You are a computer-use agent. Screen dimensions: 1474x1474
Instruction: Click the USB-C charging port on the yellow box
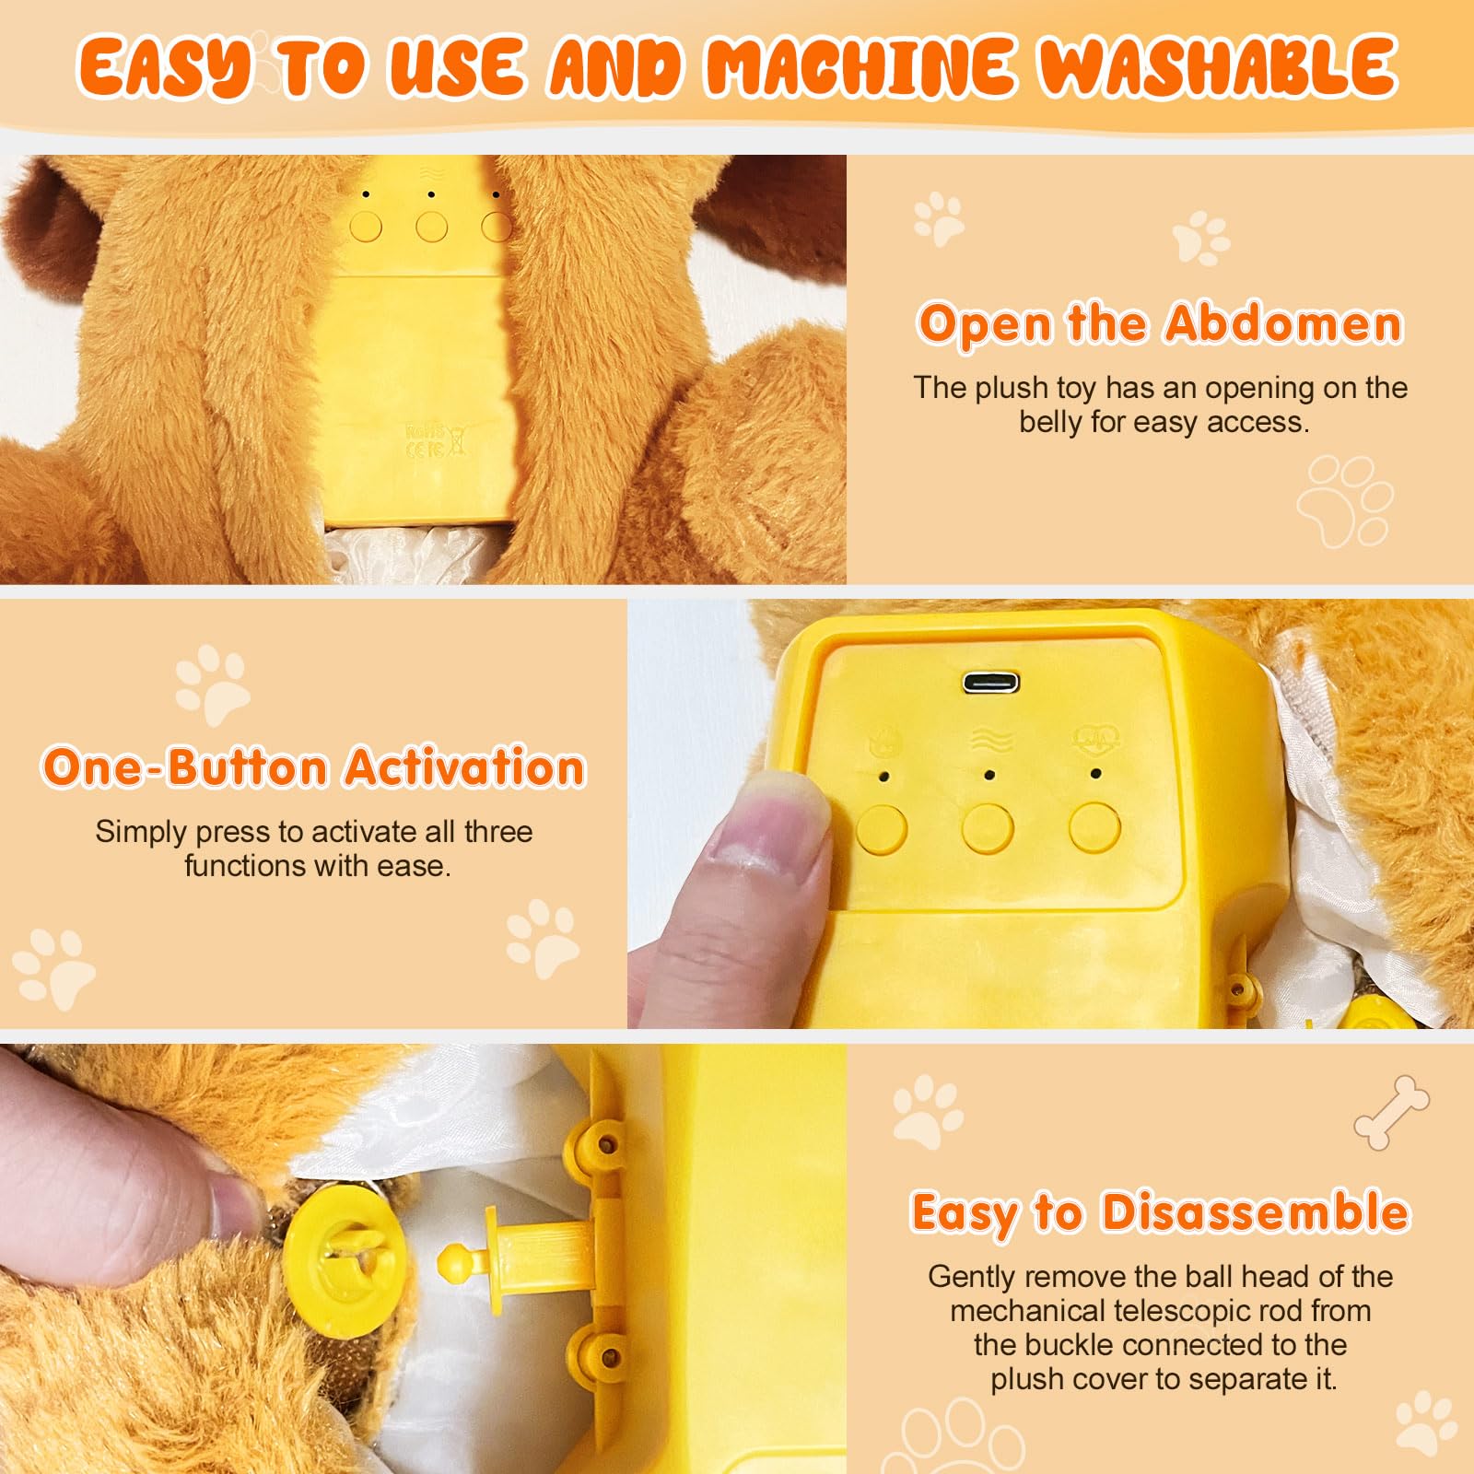[x=990, y=683]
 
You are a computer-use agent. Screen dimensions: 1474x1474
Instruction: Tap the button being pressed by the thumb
[x=881, y=828]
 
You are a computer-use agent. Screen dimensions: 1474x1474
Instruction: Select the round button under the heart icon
[x=1094, y=826]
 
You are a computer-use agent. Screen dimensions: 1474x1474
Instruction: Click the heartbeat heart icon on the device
[x=1095, y=739]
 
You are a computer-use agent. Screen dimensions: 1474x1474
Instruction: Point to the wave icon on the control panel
[x=990, y=741]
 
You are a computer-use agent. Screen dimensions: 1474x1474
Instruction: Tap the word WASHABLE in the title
[x=1218, y=67]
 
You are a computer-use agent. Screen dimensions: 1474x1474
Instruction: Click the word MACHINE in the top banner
[x=860, y=67]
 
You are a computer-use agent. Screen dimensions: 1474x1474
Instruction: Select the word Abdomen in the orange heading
[x=1282, y=324]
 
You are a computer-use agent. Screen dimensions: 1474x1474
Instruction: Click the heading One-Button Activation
[x=313, y=767]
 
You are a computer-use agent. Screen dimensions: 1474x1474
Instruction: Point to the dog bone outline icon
[x=1391, y=1112]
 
